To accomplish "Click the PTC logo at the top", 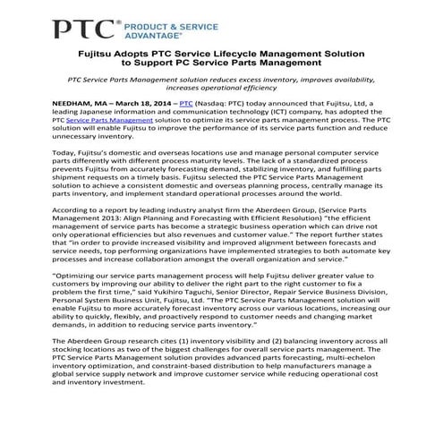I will point(85,31).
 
